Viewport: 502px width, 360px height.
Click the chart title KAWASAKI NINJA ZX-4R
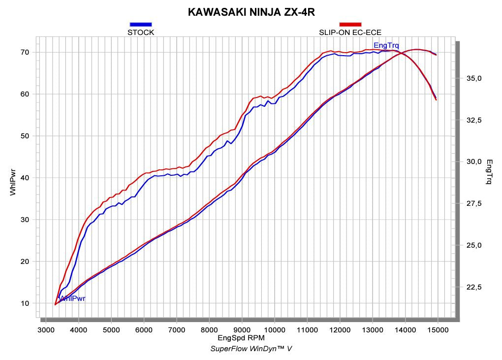click(251, 12)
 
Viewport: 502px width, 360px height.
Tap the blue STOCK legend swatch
click(141, 24)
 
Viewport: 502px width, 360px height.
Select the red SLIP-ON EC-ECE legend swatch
click(350, 24)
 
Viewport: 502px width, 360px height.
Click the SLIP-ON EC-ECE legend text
click(350, 33)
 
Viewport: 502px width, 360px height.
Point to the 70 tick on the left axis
click(25, 52)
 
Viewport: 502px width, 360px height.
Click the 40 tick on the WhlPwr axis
click(25, 178)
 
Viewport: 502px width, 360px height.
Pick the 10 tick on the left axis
click(25, 303)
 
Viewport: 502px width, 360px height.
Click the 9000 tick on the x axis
click(242, 330)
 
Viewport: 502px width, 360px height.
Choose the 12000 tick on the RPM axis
click(340, 330)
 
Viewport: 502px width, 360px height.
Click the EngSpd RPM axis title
click(242, 338)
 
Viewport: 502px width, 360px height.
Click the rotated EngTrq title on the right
click(489, 171)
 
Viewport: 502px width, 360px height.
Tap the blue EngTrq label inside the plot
click(386, 45)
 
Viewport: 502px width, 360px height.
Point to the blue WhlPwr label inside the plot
click(72, 298)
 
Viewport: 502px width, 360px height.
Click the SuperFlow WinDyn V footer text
click(251, 349)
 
